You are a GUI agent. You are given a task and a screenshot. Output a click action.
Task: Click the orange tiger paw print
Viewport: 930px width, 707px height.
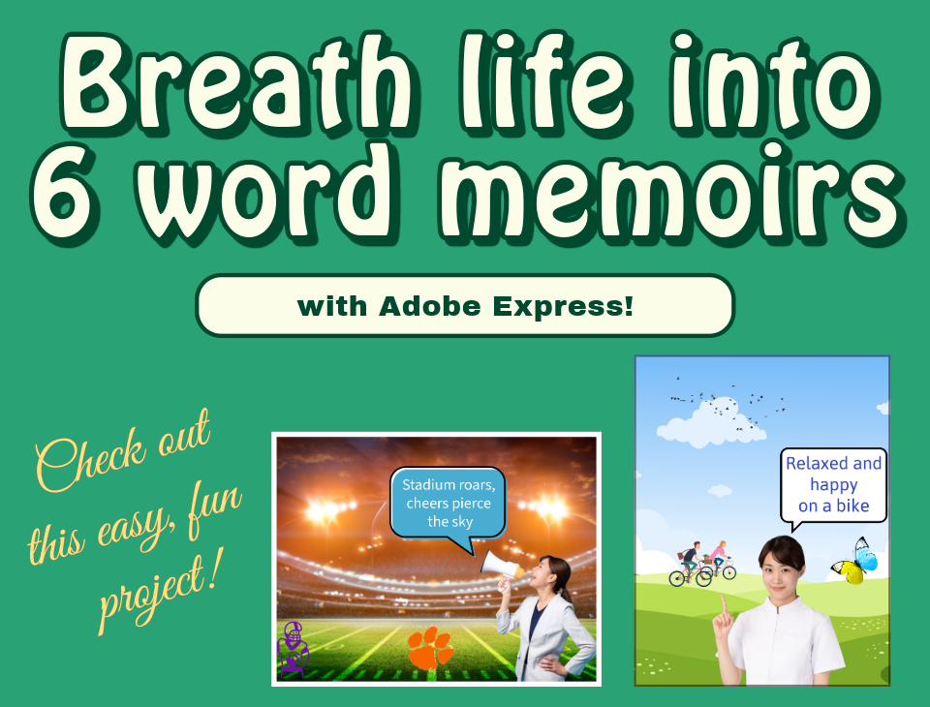coord(431,648)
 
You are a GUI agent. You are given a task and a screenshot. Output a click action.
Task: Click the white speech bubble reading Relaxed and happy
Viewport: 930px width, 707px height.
coord(833,486)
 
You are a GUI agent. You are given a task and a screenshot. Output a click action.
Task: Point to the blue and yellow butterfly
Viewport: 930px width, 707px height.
coord(854,561)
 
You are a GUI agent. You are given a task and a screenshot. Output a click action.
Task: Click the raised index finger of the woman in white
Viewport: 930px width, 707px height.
coord(724,606)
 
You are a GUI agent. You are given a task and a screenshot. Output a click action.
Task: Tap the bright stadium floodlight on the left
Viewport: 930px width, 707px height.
coord(326,508)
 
